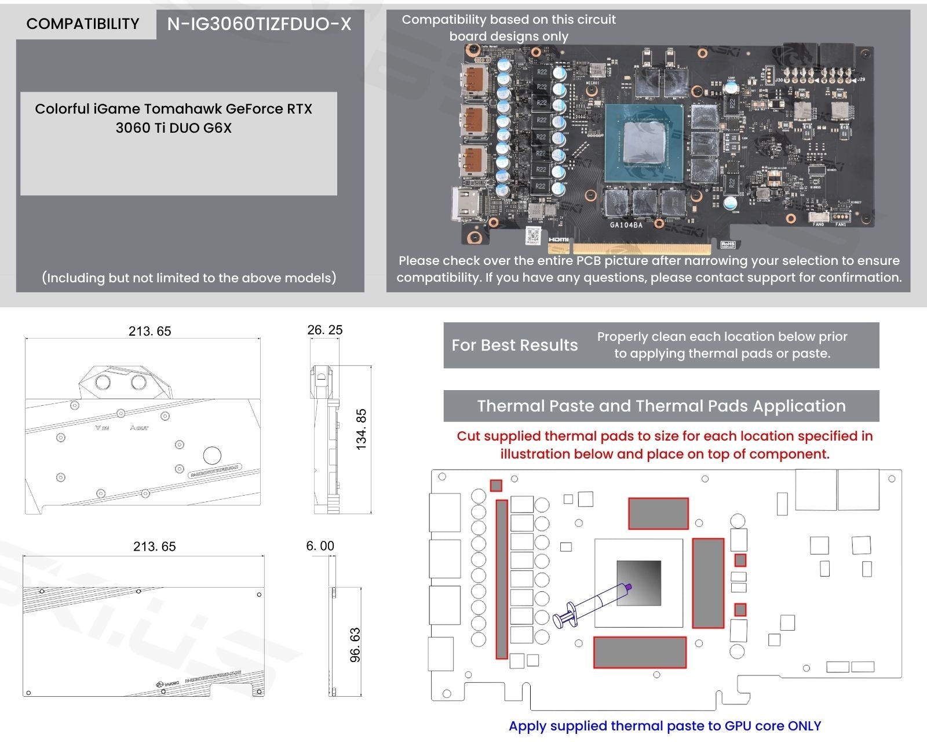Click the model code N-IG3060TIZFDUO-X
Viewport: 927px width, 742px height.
(259, 24)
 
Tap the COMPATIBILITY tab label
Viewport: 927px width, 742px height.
(83, 24)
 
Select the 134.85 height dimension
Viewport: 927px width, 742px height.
(361, 430)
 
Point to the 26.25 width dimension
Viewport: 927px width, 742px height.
(324, 330)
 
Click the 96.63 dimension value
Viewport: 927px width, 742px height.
(355, 645)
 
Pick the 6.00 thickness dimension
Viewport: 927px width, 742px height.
(320, 545)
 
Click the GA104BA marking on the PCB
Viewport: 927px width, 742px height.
(626, 225)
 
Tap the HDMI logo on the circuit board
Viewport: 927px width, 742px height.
(558, 239)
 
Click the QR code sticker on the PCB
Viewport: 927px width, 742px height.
(533, 236)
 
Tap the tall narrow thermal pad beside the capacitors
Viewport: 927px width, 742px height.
(502, 579)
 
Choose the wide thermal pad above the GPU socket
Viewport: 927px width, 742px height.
(658, 513)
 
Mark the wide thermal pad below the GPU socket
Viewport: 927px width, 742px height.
(640, 652)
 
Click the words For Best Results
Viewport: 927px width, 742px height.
(514, 345)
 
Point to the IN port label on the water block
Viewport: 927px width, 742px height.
(102, 428)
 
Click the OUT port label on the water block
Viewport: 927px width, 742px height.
(139, 428)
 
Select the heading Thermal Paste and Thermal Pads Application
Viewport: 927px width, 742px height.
(661, 406)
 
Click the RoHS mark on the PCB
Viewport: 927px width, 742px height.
(728, 245)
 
